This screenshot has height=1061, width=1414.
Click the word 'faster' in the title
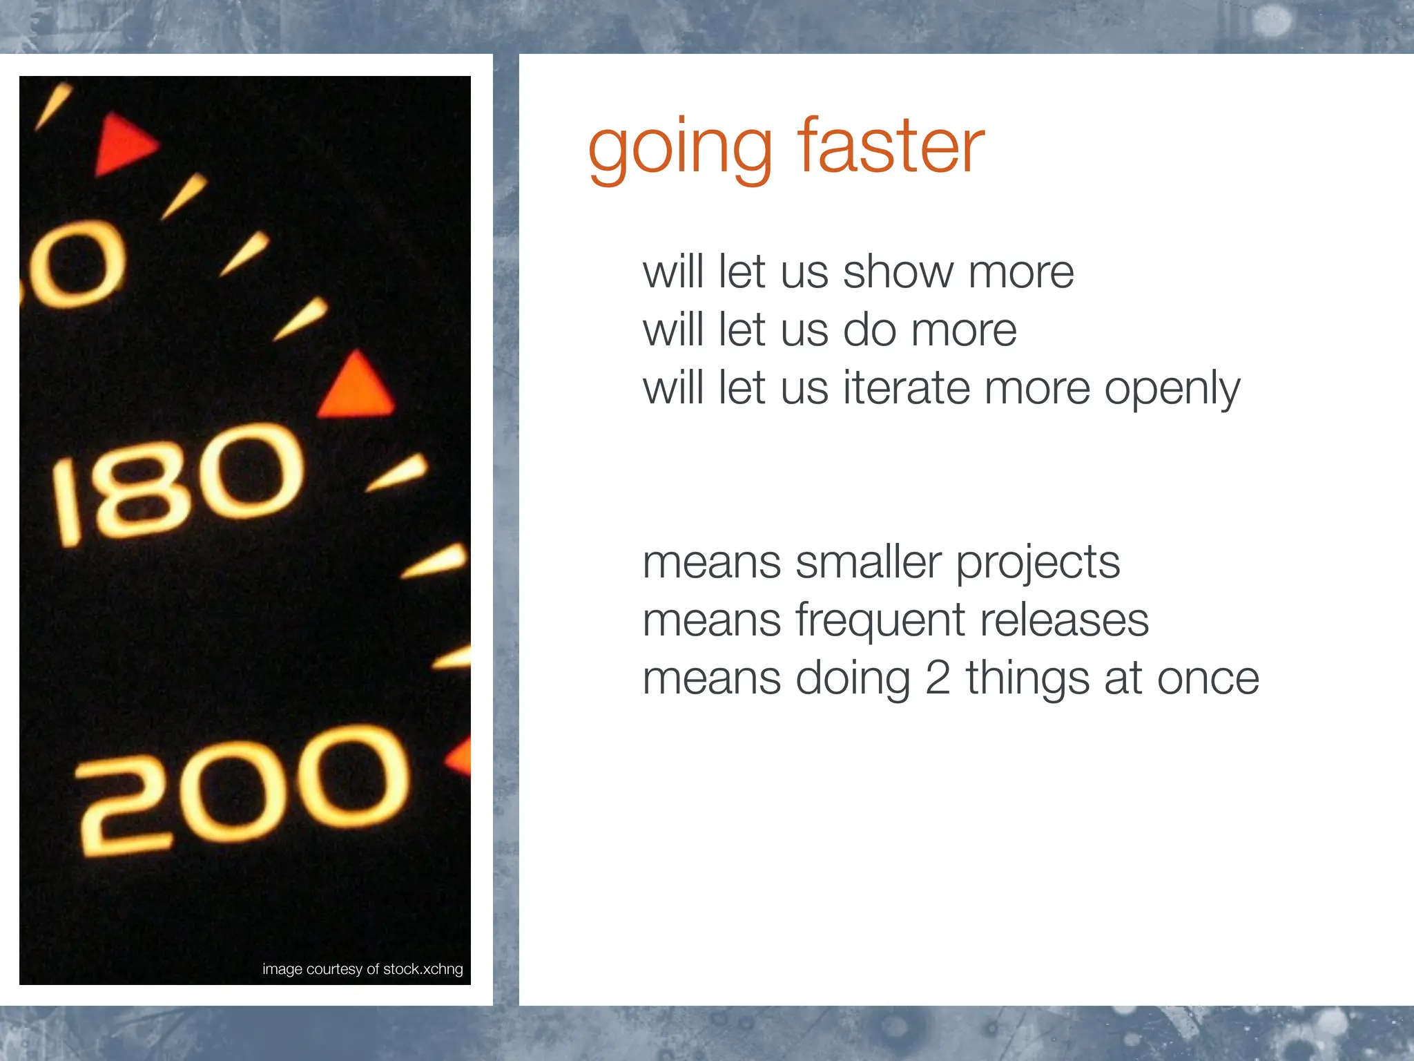point(891,146)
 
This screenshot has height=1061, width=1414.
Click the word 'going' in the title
point(679,151)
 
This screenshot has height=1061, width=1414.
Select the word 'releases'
point(1064,620)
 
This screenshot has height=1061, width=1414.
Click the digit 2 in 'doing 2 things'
point(938,678)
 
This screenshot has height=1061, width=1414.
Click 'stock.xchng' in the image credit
point(423,969)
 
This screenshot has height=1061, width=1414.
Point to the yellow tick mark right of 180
point(397,473)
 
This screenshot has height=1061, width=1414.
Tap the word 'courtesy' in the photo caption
point(334,970)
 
